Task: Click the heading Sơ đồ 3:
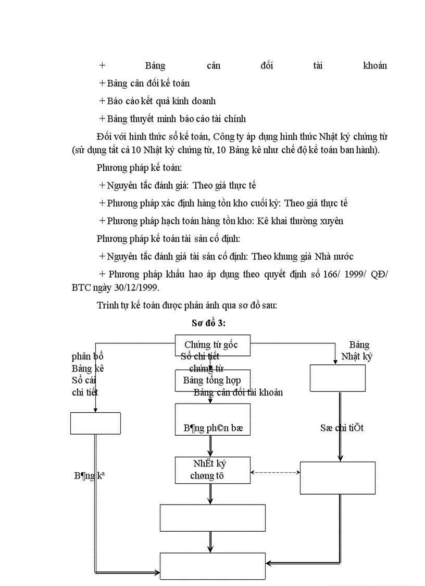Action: click(x=208, y=324)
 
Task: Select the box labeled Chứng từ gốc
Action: click(x=212, y=345)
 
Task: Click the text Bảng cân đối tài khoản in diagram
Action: click(x=238, y=392)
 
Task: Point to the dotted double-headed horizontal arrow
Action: click(x=275, y=473)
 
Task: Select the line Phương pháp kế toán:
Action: click(x=139, y=168)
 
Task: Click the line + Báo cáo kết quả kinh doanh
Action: click(x=158, y=101)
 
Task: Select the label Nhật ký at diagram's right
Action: click(x=356, y=356)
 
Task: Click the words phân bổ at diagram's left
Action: click(x=87, y=356)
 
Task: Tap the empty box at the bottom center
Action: click(x=213, y=566)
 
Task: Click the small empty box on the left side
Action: click(x=95, y=423)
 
